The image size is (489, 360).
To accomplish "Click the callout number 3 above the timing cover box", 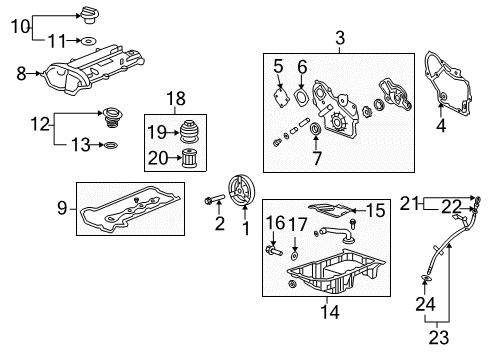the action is coord(340,38).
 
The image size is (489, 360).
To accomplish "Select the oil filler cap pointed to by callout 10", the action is coord(89,16).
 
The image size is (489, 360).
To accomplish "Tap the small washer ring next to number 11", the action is coord(88,41).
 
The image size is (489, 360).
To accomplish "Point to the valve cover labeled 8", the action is coord(94,69).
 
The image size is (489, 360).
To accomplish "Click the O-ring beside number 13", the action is coord(111,145).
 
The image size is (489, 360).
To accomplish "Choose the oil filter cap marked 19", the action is coord(189,132).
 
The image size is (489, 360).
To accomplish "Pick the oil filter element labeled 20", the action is coord(190,158).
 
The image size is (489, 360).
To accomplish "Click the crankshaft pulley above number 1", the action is coord(242,191).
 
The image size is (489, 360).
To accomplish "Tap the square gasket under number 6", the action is coord(302,97).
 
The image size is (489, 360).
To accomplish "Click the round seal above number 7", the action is coord(315,129).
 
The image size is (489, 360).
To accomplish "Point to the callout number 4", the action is coord(441,126).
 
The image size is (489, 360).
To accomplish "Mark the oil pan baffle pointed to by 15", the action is coord(330,210).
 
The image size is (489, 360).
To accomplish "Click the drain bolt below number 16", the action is coord(274,250).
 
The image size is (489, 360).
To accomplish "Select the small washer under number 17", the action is coord(294,256).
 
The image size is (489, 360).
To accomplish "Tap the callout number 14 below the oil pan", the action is coord(330,312).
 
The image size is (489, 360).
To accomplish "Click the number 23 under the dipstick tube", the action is coord(439,338).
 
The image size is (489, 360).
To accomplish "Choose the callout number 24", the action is coord(425,304).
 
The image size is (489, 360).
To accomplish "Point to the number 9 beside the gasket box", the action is coord(62,208).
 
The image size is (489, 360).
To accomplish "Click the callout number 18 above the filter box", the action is coord(176,99).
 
